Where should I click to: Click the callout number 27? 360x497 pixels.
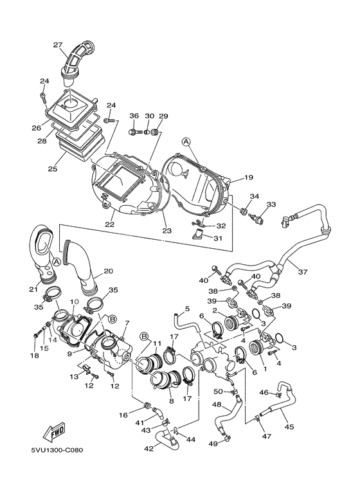(57, 44)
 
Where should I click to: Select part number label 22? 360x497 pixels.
(110, 224)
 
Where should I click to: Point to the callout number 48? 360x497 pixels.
(217, 406)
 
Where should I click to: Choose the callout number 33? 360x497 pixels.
(271, 204)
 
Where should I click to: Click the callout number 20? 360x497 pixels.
(108, 271)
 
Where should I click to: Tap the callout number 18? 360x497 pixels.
(35, 355)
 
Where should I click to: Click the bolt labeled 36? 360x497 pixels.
(135, 132)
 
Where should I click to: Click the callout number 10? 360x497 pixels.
(74, 300)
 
